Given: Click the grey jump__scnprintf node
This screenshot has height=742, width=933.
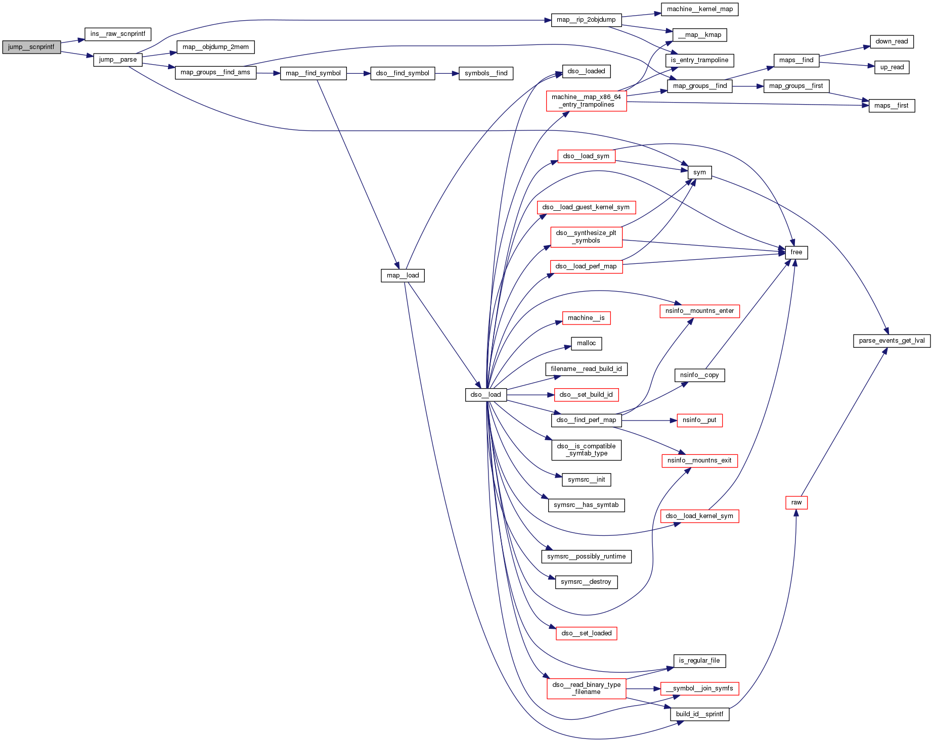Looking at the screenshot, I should [x=31, y=47].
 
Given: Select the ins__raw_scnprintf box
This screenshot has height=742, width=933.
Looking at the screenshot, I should [x=117, y=34].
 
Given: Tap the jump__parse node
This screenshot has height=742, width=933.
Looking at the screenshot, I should [x=117, y=60].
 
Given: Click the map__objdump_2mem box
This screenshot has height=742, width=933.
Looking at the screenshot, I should [x=215, y=48].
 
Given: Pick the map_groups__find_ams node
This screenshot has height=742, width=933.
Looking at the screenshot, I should [x=215, y=73].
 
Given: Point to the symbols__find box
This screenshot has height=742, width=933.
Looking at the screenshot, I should [x=486, y=73].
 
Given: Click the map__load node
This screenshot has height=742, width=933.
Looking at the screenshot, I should [x=403, y=275].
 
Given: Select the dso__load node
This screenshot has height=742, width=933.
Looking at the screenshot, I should [x=485, y=395].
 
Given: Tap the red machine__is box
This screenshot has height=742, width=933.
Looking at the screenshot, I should [x=586, y=318].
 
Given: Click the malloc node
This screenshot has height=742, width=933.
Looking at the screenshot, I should [x=586, y=344].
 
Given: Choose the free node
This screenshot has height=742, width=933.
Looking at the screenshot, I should [x=796, y=252].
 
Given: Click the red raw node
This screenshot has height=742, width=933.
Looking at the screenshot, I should [x=796, y=502].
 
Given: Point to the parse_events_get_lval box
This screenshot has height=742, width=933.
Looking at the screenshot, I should [x=892, y=341].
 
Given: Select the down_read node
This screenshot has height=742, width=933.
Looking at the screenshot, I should [x=892, y=41].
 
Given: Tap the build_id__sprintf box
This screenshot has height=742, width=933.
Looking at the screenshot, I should [x=699, y=714].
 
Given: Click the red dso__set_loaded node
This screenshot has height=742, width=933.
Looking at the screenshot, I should [x=586, y=633].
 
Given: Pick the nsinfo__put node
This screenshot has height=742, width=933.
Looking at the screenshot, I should [x=699, y=420].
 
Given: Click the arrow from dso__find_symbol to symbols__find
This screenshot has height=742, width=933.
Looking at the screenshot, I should [x=447, y=73].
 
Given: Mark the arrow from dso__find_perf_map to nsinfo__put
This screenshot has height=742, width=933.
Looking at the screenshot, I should [x=649, y=420].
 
